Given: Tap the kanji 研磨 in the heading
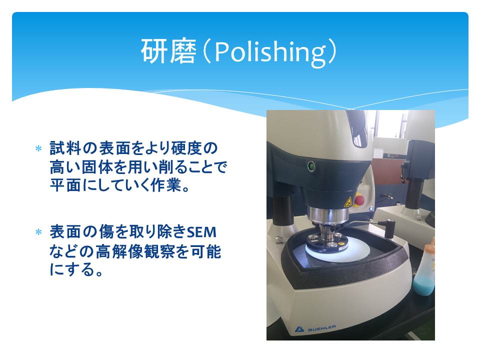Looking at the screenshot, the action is coord(168,51).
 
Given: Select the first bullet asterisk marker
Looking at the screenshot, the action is coord(38,149).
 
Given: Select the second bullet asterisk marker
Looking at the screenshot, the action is coord(38,232).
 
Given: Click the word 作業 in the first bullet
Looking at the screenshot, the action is coord(165,185).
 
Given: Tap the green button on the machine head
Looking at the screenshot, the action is coord(311,167).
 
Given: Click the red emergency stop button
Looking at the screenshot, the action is coord(359,200).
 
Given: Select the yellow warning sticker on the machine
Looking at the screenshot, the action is coord(347,202).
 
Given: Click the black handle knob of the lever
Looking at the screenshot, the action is coord(389,228).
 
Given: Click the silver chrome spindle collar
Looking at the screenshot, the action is coord(328,214).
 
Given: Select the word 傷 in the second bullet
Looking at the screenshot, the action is coord(106,231).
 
